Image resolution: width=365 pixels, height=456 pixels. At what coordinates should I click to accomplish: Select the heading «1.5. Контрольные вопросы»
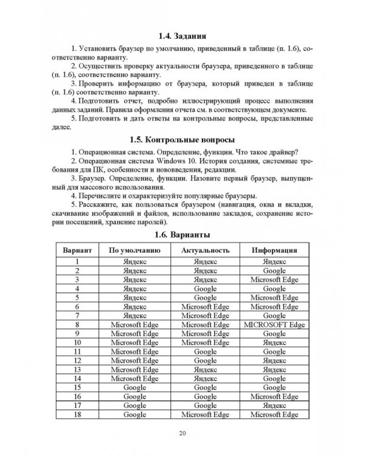coord(183,139)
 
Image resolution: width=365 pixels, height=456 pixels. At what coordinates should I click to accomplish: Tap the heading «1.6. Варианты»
coord(183,234)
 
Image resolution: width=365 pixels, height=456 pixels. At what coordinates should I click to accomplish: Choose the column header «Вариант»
coord(78,250)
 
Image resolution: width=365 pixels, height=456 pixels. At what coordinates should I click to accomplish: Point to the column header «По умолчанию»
coord(134,250)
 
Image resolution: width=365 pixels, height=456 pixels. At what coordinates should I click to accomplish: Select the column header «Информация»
coord(274,250)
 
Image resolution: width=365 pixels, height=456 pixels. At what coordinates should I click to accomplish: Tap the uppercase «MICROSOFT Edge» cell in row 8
coord(274,325)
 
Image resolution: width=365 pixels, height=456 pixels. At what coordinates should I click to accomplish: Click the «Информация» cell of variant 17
coord(274,405)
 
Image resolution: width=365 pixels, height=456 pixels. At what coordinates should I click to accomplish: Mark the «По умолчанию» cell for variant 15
coord(134,387)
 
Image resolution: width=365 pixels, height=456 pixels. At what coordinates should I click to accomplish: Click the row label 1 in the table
coord(78,262)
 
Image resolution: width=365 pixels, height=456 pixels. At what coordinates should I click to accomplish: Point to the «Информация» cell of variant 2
coord(274,271)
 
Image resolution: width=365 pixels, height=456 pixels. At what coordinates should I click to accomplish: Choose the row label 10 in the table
coord(78,342)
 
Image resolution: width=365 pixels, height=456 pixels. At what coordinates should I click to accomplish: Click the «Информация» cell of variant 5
coord(274,298)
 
